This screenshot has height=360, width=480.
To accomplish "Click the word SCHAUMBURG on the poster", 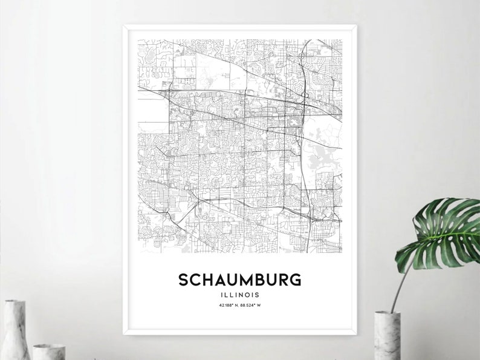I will tap(239, 280).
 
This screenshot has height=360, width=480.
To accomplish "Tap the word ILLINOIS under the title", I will tap(239, 295).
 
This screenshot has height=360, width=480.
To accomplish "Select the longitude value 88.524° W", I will tap(253, 305).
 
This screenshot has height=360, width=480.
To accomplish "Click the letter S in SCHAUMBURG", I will tap(183, 280).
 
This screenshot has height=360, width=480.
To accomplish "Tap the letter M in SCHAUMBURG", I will tap(240, 280).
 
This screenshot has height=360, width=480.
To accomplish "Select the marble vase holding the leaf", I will tap(388, 336).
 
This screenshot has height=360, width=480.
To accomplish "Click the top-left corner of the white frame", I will tap(124, 26).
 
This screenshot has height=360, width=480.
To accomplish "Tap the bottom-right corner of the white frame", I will tap(357, 332).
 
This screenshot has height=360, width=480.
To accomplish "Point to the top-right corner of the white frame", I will tap(357, 26).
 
